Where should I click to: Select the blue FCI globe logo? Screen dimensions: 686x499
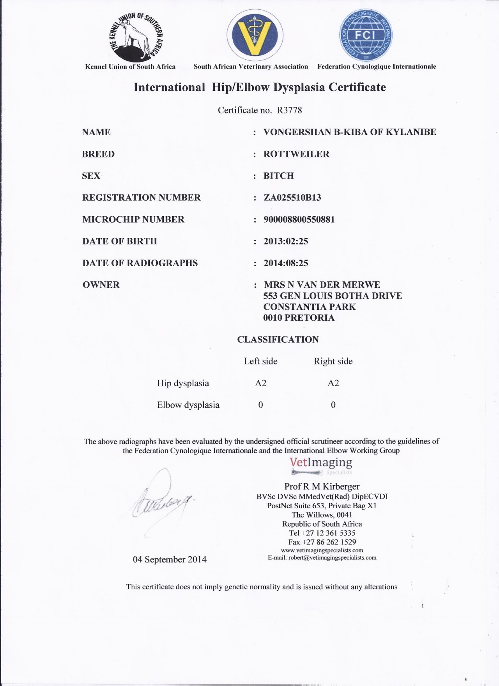coord(366,35)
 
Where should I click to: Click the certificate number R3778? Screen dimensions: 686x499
coord(289,110)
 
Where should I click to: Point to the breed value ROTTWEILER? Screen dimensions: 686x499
coord(296,154)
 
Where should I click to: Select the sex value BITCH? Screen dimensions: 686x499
coord(279,176)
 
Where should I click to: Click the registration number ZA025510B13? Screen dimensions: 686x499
coord(292,198)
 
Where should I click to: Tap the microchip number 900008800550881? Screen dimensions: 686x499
coord(299,219)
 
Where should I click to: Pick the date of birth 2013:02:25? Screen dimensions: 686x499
coord(286,241)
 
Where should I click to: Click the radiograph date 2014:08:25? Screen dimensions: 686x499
coord(286,263)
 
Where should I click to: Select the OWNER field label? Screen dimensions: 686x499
coord(101,285)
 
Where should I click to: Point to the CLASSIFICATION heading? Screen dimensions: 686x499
coord(278,339)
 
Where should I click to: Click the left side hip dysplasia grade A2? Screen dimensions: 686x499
coord(260,383)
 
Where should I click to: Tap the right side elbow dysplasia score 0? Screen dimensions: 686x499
coord(333,405)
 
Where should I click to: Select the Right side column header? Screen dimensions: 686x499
coord(333,361)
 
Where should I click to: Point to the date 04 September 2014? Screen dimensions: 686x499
coord(170,559)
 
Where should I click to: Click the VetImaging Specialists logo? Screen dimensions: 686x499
coord(321,465)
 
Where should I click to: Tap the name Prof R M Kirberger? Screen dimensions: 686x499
coord(322,486)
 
